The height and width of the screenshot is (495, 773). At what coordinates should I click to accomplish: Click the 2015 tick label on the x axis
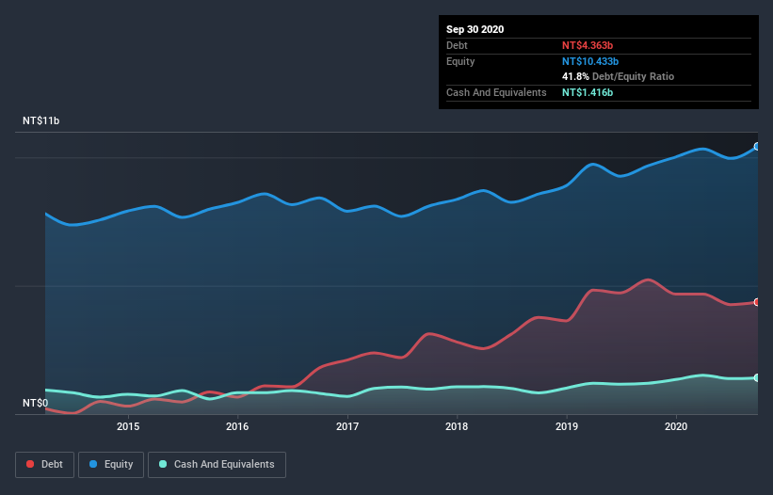tap(128, 426)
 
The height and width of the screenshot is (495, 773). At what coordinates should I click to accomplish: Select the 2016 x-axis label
tap(237, 426)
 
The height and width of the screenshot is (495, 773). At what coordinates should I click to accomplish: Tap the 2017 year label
tap(347, 426)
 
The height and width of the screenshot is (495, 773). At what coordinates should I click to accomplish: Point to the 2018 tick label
tap(457, 426)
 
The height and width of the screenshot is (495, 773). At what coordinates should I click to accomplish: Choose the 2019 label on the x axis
tap(567, 426)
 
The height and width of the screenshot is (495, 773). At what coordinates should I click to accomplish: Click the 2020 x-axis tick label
tap(676, 426)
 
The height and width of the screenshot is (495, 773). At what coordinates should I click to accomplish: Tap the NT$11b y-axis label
tap(41, 121)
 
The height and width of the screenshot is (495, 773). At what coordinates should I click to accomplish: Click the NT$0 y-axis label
tap(36, 404)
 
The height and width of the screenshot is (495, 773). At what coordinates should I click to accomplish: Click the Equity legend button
tap(111, 464)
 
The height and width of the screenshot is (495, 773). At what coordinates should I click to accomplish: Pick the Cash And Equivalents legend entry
tap(217, 464)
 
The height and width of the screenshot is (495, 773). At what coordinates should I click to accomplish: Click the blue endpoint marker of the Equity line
tap(756, 147)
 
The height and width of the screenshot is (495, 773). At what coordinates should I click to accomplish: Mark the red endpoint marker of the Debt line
tap(756, 302)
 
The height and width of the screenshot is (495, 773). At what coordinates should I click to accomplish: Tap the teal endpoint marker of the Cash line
tap(756, 377)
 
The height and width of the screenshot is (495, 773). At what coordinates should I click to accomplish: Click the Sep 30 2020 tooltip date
tap(475, 29)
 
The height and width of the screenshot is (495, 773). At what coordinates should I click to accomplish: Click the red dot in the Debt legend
tap(31, 464)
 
